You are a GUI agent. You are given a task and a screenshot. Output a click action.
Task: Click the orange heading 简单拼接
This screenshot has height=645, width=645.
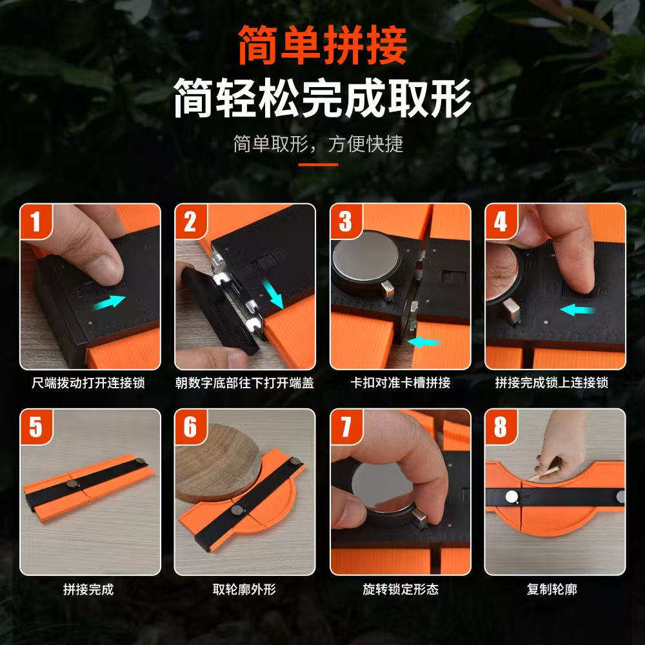pyautogui.click(x=322, y=45)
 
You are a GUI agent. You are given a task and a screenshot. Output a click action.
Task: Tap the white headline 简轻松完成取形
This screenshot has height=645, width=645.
pyautogui.click(x=322, y=98)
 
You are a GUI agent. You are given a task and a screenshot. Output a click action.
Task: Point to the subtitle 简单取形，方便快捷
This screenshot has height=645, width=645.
pyautogui.click(x=318, y=144)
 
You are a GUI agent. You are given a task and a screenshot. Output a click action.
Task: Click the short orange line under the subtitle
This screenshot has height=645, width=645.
pyautogui.click(x=318, y=164)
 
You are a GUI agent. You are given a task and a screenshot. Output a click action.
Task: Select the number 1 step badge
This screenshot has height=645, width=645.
pyautogui.click(x=35, y=221)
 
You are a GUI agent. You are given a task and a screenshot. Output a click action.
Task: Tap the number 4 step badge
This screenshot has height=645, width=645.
pyautogui.click(x=501, y=221)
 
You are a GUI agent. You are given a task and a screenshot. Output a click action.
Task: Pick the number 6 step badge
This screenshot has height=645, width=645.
pyautogui.click(x=190, y=426)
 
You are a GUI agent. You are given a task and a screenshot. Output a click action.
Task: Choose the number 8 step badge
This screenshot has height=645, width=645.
pyautogui.click(x=501, y=426)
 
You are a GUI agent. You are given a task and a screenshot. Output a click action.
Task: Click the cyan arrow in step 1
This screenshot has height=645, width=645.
pyautogui.click(x=109, y=303)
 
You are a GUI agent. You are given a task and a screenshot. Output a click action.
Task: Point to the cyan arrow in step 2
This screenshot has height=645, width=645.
pyautogui.click(x=273, y=293)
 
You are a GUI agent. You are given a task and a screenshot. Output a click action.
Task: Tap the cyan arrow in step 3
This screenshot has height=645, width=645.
pyautogui.click(x=424, y=341)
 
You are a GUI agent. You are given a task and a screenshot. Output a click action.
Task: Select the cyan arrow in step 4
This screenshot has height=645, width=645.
pyautogui.click(x=577, y=310)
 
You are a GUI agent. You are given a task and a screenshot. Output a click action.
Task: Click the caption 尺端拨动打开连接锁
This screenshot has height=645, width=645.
pyautogui.click(x=88, y=383)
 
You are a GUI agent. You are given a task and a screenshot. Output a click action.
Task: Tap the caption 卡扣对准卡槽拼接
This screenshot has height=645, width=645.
pyautogui.click(x=401, y=383)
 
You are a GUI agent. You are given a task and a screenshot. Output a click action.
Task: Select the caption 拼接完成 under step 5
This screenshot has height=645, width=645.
pyautogui.click(x=88, y=589)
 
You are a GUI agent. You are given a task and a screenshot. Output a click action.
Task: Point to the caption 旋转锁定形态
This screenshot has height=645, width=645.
pyautogui.click(x=401, y=589)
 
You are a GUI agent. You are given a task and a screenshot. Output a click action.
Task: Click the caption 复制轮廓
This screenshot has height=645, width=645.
pyautogui.click(x=551, y=589)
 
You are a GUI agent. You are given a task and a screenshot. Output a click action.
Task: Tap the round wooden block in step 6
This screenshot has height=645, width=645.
pyautogui.click(x=218, y=462)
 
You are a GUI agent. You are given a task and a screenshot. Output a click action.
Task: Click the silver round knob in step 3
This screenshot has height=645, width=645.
pyautogui.click(x=366, y=261)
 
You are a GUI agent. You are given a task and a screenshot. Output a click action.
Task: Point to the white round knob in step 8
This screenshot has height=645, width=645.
pyautogui.click(x=511, y=497)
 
